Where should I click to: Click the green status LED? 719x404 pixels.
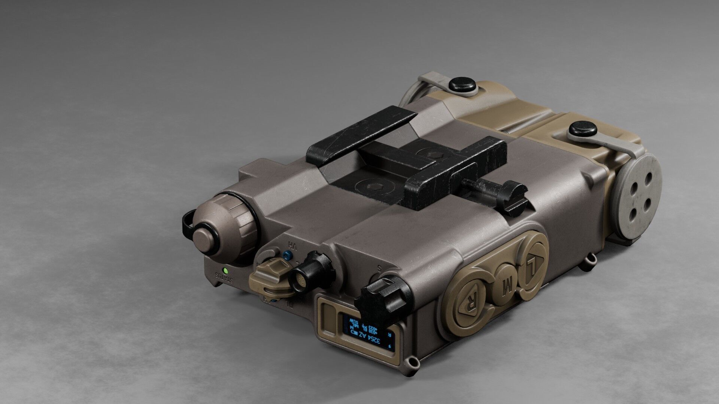pos(225,270)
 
